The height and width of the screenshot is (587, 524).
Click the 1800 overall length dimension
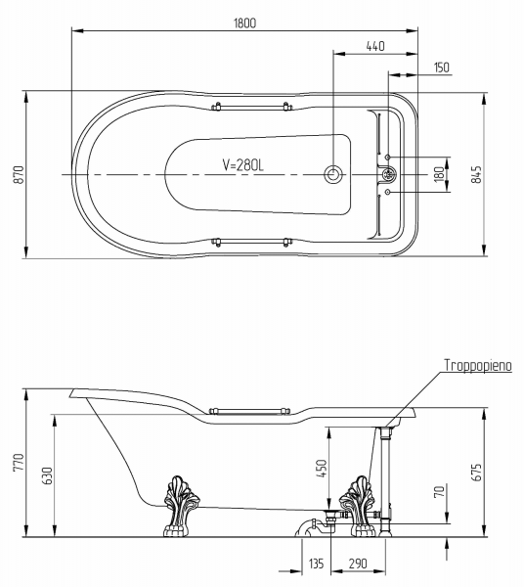(245, 23)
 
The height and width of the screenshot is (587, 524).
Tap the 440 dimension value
(375, 46)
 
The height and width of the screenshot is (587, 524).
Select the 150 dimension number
(442, 68)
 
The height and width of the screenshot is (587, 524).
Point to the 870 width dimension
(19, 174)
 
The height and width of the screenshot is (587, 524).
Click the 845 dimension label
(476, 174)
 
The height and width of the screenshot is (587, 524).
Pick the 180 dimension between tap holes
(440, 174)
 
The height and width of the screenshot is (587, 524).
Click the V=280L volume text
(243, 164)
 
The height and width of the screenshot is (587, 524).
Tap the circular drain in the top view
(332, 174)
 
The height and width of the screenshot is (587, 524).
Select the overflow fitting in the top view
(389, 174)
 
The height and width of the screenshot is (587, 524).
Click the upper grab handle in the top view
(250, 107)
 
